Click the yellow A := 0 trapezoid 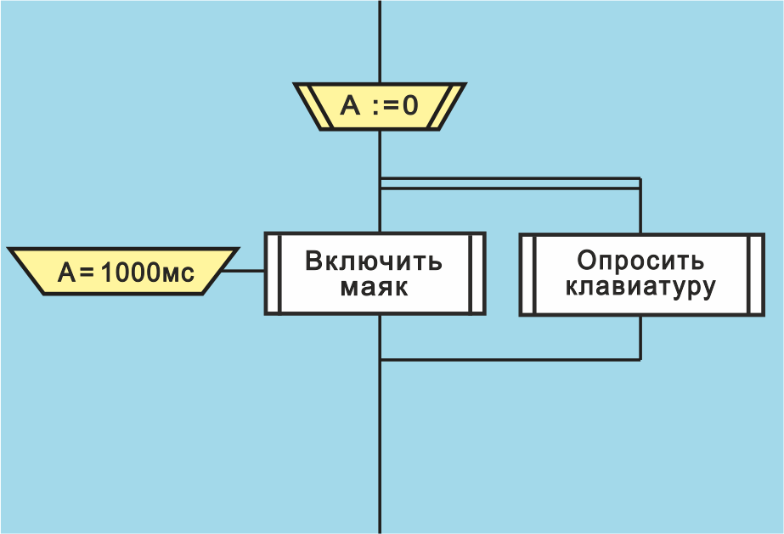(380, 106)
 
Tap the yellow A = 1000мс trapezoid (123, 272)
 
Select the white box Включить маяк (375, 273)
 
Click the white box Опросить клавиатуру (640, 273)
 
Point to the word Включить (374, 260)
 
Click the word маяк (374, 287)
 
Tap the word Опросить (640, 260)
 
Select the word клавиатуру (640, 287)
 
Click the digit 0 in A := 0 (410, 106)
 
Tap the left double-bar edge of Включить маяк (272, 273)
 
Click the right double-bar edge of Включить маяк (477, 273)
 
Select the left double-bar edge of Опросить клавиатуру (527, 273)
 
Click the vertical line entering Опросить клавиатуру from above (640, 208)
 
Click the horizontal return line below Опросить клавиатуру (510, 360)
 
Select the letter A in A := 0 (351, 106)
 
